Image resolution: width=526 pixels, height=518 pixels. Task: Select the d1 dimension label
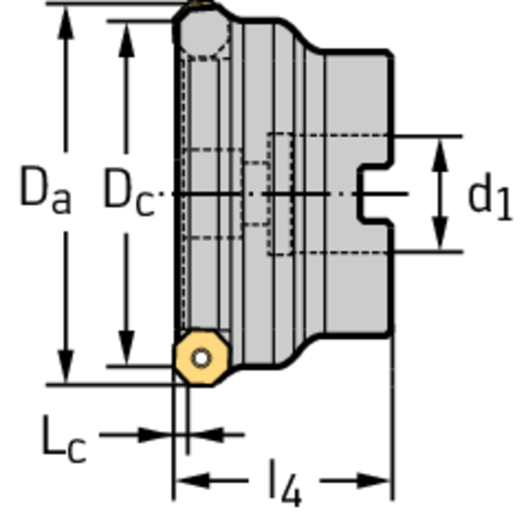pyautogui.click(x=488, y=197)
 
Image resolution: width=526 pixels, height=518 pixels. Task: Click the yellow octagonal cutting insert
pyautogui.click(x=201, y=357)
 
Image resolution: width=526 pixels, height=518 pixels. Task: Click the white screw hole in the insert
pyautogui.click(x=201, y=358)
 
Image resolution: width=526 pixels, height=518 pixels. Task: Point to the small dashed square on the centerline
pyautogui.click(x=256, y=194)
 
